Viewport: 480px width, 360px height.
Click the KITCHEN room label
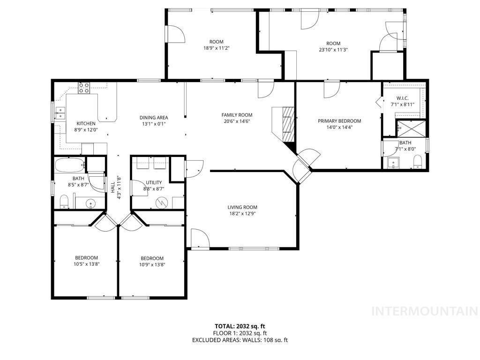[86, 124]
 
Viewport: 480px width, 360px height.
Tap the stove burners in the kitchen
[84, 87]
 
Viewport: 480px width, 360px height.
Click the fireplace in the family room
[287, 124]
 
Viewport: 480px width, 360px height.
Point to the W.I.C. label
[403, 98]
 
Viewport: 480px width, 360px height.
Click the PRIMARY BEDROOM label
[339, 121]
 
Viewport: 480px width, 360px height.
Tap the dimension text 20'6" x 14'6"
[237, 121]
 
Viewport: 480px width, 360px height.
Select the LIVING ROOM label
[242, 207]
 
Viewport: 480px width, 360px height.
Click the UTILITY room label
[154, 183]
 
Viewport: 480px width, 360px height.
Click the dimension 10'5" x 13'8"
[87, 264]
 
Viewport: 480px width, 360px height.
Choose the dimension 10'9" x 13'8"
[152, 264]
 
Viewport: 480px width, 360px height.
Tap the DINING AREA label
[153, 118]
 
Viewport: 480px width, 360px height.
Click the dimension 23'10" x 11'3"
[333, 49]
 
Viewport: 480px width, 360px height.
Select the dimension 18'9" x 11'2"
[216, 48]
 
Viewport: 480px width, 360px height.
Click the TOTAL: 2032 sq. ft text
[240, 326]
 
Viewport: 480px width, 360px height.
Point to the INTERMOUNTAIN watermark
[424, 311]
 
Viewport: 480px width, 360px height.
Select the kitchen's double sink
[60, 112]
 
